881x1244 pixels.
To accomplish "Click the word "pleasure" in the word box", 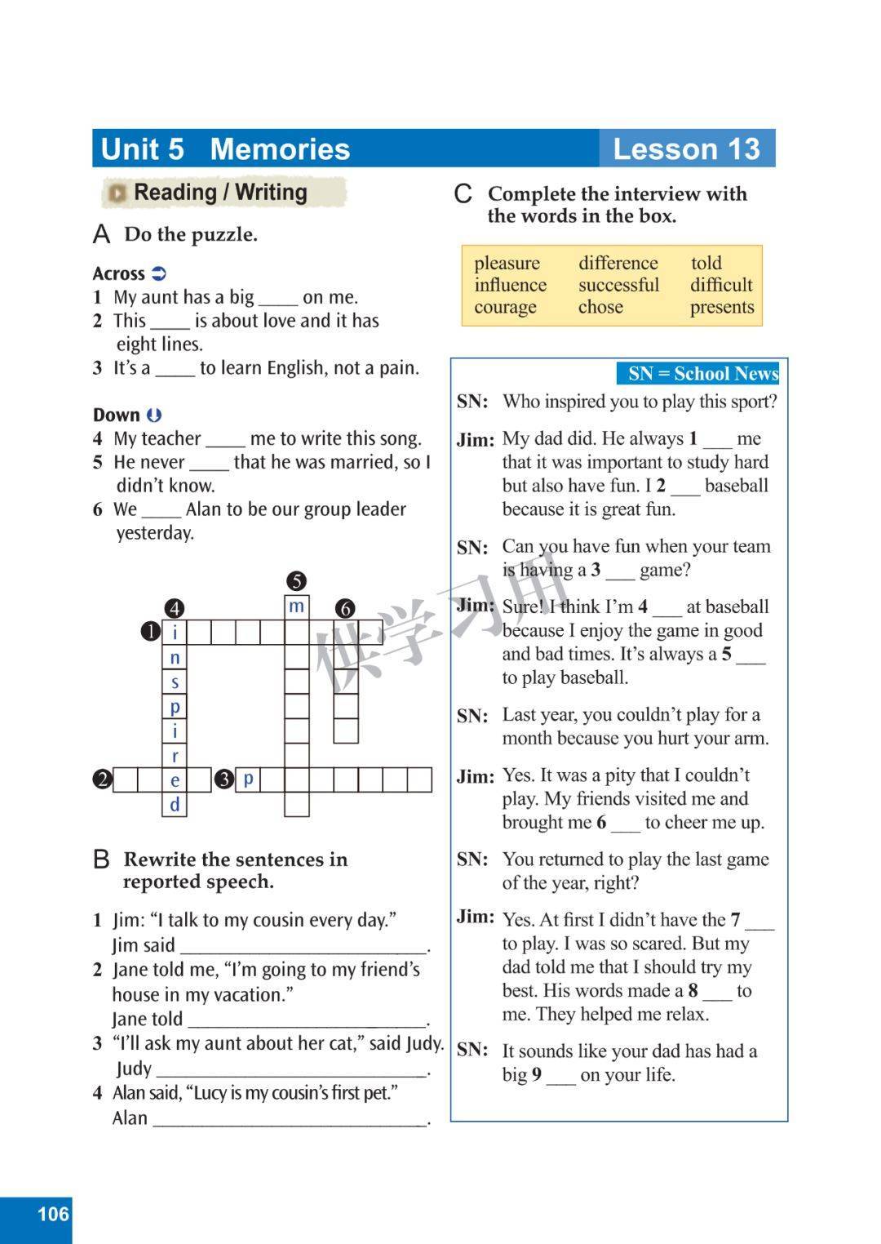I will (507, 264).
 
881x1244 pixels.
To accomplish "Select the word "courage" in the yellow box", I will (505, 308).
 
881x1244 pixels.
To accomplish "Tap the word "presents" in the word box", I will (722, 308).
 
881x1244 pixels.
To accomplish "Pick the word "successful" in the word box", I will (618, 286).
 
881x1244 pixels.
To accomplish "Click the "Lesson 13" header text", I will (686, 149).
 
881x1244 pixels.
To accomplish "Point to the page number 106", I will (53, 1214).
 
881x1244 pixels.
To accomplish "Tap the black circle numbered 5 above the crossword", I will (296, 581).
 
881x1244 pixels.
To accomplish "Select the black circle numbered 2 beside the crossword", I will (102, 780).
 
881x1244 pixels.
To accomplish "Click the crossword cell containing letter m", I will (297, 607).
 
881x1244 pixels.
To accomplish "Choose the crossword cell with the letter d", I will (175, 805).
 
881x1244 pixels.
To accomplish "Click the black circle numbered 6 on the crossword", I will (345, 608).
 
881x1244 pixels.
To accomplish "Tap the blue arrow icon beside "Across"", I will (159, 273).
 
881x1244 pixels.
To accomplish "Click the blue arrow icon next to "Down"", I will (154, 415).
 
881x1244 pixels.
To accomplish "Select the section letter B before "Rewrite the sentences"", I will (101, 860).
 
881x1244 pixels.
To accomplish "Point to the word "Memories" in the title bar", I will (280, 149).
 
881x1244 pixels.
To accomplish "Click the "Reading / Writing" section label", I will (220, 193).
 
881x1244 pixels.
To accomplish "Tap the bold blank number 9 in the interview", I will (537, 1075).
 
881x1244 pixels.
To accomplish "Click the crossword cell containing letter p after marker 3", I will (248, 780).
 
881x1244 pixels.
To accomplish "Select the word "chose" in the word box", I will (600, 308).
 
